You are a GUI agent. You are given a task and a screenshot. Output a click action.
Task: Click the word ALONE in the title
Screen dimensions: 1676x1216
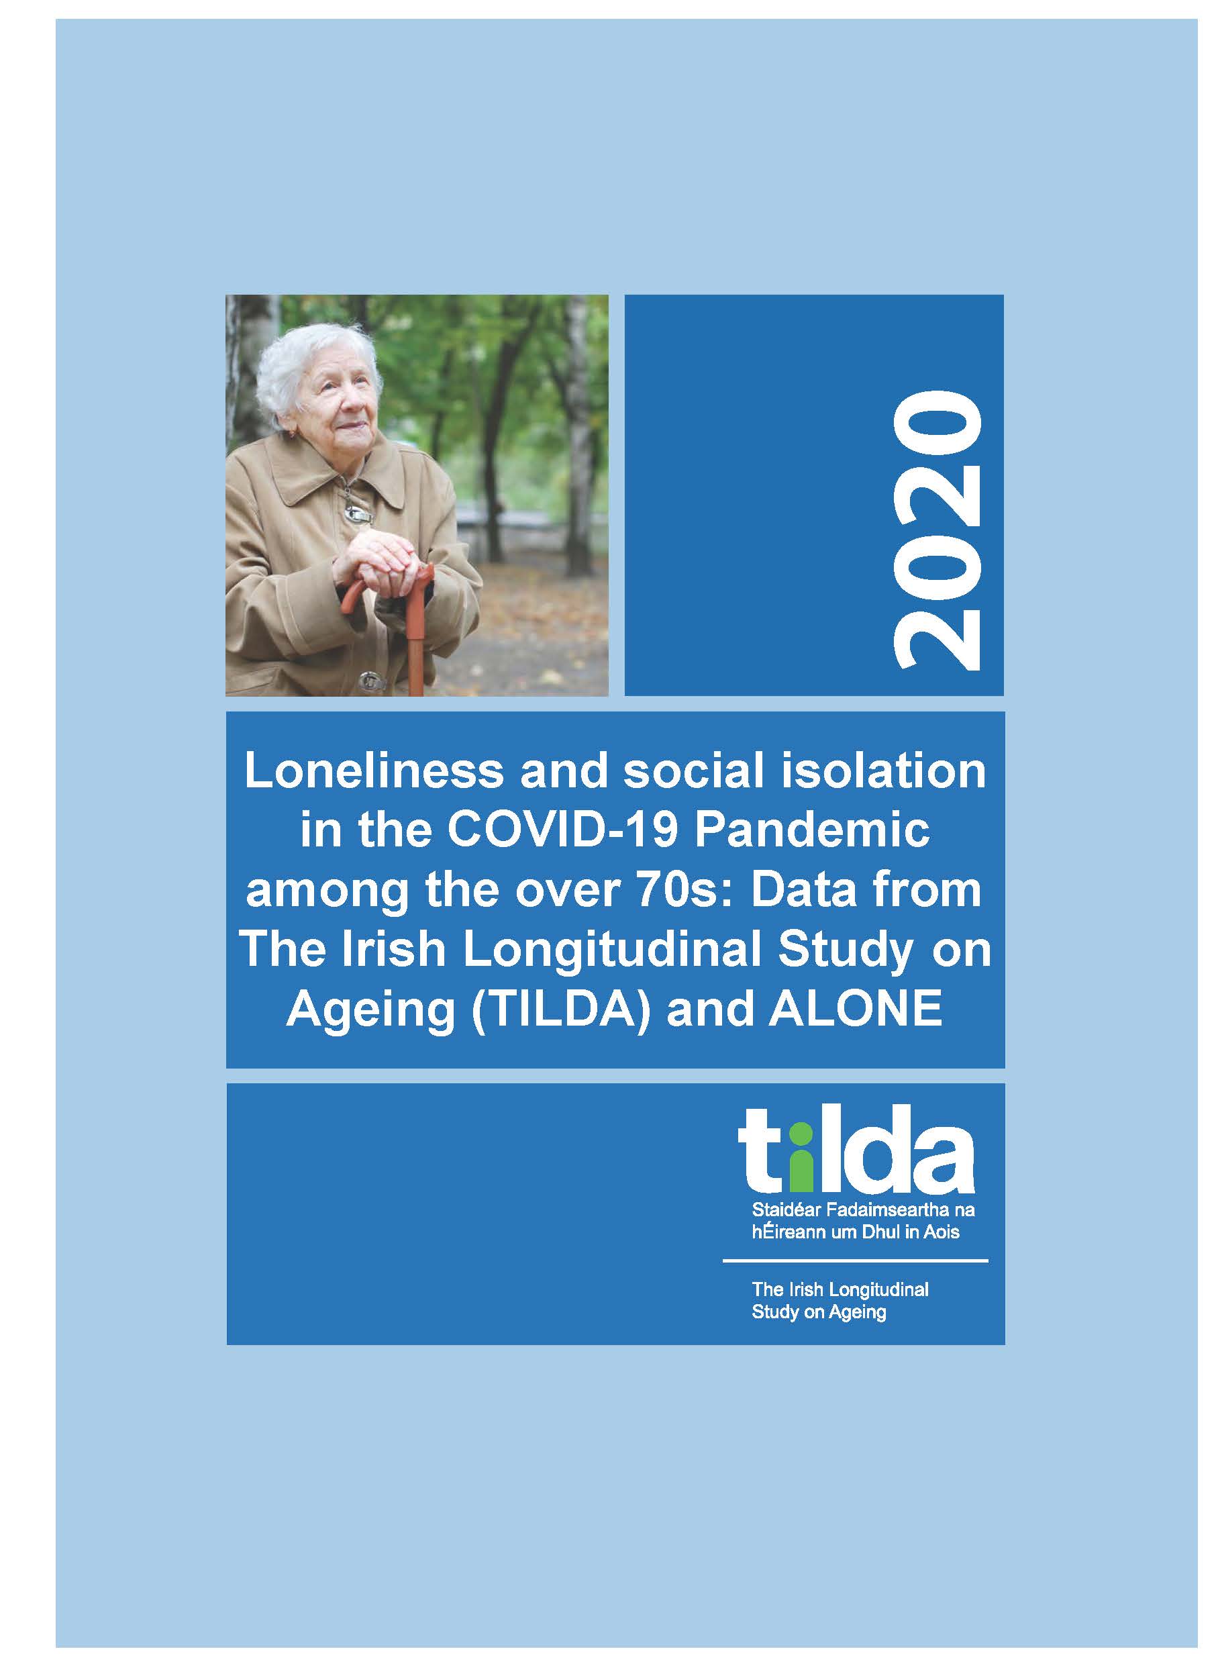pyautogui.click(x=856, y=1009)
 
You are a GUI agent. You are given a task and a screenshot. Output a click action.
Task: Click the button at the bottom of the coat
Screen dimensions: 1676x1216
pyautogui.click(x=367, y=677)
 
